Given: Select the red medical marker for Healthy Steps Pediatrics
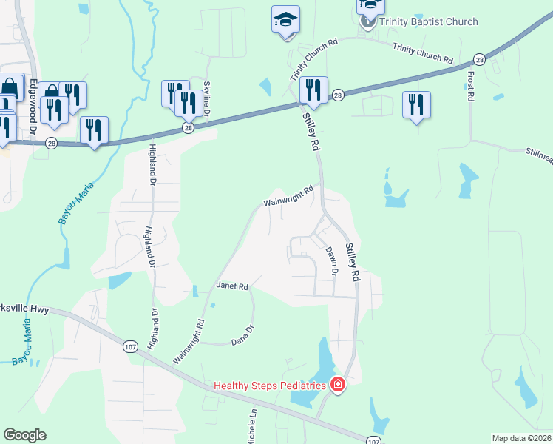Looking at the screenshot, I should (337, 385).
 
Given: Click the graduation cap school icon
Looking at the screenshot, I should (285, 21).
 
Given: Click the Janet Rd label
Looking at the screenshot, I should (231, 286).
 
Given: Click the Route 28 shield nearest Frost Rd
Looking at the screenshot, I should (479, 59).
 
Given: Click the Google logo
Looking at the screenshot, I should (24, 435).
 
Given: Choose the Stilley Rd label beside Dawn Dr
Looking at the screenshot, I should (351, 263).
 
